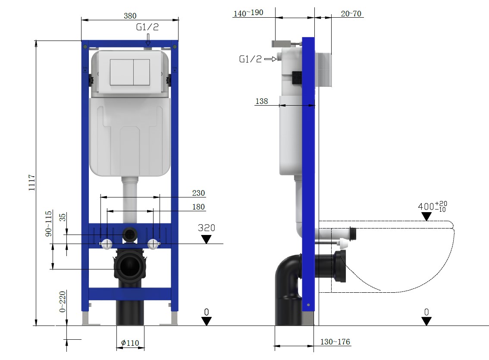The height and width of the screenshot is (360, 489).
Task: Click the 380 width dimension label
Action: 130,16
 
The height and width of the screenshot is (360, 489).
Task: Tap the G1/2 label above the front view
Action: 147,28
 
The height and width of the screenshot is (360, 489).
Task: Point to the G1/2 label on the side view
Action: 250,59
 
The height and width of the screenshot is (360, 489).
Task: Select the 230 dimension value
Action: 198,193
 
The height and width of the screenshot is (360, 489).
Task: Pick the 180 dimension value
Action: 198,207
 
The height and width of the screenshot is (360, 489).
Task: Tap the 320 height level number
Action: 206,228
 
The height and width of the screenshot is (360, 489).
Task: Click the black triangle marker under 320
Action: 207,239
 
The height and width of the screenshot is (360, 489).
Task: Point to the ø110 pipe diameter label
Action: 130,343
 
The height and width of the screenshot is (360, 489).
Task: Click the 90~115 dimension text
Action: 49,223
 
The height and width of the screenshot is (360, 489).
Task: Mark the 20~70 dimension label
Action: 351,13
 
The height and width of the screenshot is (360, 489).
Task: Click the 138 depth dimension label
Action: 261,101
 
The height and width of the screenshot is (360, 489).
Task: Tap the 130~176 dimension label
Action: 335,342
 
